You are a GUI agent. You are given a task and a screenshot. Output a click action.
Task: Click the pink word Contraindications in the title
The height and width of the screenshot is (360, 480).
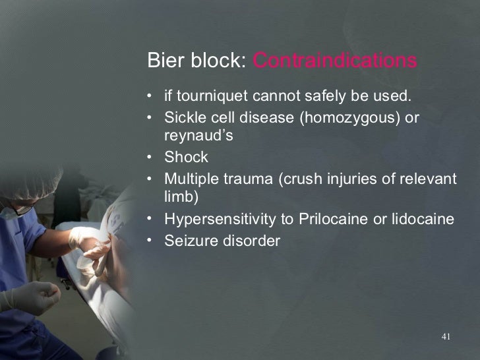click(x=335, y=61)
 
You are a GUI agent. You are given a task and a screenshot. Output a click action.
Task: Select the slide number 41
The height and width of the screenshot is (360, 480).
click(x=445, y=338)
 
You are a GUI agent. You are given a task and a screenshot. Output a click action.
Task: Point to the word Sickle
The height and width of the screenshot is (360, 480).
click(x=183, y=117)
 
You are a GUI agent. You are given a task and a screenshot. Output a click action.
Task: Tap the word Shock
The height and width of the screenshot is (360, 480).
click(x=186, y=158)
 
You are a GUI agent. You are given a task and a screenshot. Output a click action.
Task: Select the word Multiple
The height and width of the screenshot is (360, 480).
click(x=190, y=178)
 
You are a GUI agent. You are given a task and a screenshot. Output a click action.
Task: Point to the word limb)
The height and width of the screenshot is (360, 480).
click(x=181, y=197)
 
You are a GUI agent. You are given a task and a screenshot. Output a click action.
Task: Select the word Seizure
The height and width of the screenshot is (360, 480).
click(x=188, y=241)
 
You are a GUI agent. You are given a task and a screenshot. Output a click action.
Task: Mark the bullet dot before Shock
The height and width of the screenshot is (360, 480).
click(x=151, y=158)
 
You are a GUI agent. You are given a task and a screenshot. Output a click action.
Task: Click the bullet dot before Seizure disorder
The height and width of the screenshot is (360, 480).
click(x=151, y=241)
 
